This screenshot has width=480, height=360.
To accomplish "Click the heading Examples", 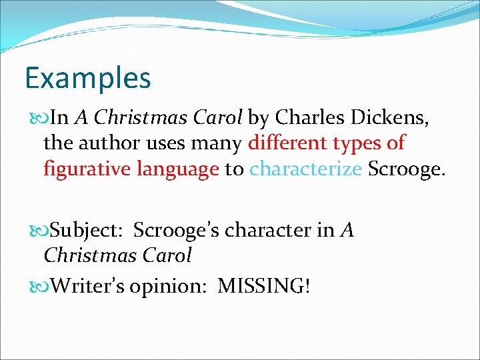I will (88, 78).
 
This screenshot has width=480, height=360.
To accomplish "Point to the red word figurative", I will (87, 169).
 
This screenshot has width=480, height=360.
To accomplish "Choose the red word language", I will (178, 169).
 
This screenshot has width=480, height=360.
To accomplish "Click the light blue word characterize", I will (305, 169).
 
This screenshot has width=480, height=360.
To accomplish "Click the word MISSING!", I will (264, 286).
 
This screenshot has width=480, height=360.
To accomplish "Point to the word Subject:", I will (89, 231).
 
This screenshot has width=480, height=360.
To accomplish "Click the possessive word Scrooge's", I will (177, 231).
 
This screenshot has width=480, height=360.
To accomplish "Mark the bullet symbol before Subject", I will (37, 231).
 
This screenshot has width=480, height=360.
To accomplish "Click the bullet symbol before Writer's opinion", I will (37, 286).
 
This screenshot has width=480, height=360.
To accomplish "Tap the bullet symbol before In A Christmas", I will (37, 119).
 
